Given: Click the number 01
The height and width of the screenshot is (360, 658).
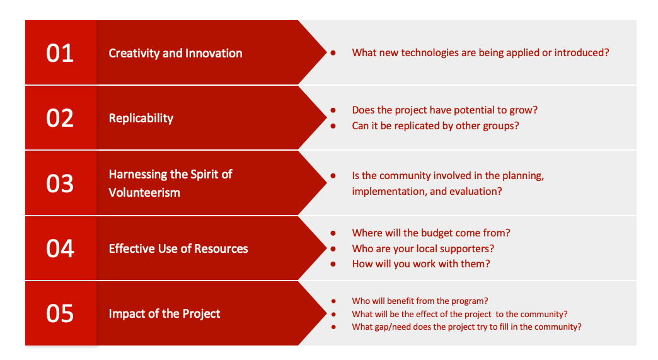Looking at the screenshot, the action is click(60, 54).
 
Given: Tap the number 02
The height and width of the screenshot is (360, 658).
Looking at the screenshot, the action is click(60, 119).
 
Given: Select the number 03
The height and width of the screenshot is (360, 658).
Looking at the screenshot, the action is click(60, 183).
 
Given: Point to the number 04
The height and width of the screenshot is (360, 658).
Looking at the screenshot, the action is click(60, 248).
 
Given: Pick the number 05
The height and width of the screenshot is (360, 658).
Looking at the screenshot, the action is click(60, 313).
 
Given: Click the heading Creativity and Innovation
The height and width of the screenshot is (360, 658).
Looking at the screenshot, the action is click(175, 54).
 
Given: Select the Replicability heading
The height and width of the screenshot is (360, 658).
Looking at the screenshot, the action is click(141, 119).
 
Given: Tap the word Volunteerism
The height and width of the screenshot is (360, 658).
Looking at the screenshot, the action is click(144, 192).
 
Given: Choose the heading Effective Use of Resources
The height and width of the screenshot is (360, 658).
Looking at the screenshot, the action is click(178, 249).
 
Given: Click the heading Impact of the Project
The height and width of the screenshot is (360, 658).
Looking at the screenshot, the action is click(164, 314).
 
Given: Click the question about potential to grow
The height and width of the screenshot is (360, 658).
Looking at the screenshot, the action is click(445, 110).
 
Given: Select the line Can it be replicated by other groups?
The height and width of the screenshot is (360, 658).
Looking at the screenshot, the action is click(435, 126).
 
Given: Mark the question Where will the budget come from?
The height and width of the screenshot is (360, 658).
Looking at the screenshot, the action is click(431, 233).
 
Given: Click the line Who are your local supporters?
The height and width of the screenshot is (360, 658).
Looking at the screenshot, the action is click(423, 248).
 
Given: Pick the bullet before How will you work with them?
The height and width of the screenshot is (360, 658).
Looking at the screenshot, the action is click(333, 264).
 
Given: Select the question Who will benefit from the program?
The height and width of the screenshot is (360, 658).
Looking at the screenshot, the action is click(420, 301).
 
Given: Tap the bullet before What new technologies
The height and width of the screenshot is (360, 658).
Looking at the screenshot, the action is click(333, 53).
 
